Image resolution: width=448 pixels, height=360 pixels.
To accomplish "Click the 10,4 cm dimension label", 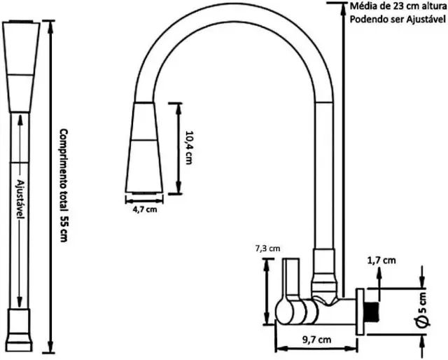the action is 188,148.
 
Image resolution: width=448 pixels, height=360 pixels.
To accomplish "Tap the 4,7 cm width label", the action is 145,209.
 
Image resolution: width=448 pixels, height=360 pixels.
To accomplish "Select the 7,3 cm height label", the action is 267,249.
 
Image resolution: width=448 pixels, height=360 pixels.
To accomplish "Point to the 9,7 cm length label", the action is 316,340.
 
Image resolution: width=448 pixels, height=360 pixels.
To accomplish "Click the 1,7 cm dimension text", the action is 381,261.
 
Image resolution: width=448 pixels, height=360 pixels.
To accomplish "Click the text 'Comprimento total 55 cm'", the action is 64,186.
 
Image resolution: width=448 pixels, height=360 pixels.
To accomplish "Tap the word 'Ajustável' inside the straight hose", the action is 20,199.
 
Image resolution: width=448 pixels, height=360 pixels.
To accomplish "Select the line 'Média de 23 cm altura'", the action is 398,6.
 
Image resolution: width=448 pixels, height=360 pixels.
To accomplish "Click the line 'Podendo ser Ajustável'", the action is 398,19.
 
